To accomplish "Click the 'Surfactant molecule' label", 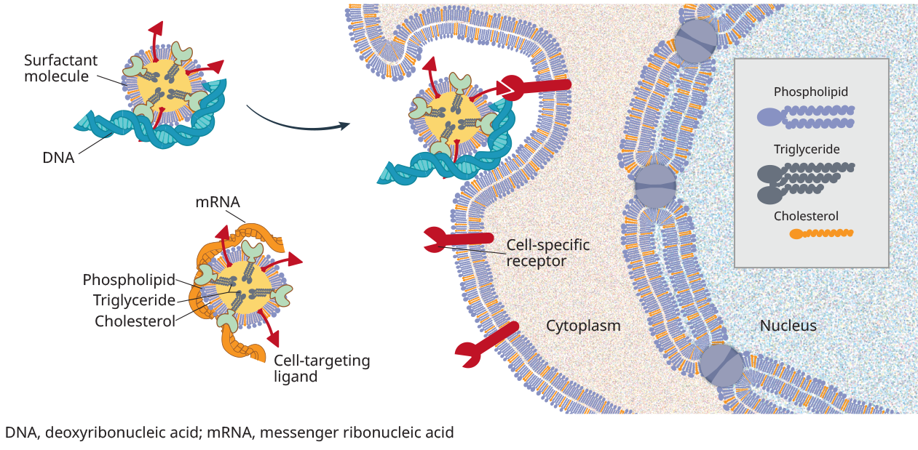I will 60,68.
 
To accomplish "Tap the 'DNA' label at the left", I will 58,156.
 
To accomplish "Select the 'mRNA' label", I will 217,201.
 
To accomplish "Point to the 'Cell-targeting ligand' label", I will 322,368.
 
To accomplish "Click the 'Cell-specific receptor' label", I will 547,252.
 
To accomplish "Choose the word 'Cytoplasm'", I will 583,326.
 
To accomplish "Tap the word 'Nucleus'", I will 788,326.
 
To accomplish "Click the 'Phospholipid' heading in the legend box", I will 810,92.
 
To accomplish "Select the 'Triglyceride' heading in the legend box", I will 807,150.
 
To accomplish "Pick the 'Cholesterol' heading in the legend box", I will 806,216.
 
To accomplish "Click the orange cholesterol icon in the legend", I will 820,234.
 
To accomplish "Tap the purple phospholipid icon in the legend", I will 804,116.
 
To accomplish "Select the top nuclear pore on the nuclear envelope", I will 696,40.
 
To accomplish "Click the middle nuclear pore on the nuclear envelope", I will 656,185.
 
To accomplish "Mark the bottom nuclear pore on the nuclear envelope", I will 721,365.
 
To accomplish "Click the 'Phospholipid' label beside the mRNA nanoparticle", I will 129,280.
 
